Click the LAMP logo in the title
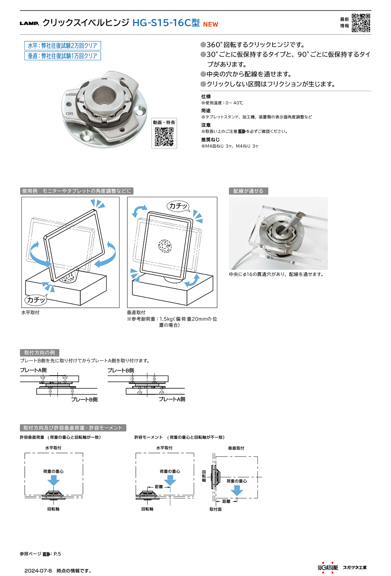coord(29,23)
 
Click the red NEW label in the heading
coord(211,24)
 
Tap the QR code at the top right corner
coord(361,23)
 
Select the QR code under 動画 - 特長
coord(164,137)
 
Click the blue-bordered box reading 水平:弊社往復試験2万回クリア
coord(63,46)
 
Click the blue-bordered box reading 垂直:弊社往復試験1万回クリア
coord(63,56)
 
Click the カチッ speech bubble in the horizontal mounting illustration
coord(36,299)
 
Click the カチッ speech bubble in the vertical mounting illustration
coord(178,206)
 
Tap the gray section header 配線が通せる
coord(248,191)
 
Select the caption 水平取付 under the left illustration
coord(30,312)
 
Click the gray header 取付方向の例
coord(40,352)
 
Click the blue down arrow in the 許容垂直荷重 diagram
coord(53,480)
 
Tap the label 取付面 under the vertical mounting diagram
coord(215,509)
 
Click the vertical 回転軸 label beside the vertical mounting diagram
coord(204,476)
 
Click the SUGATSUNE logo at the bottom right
coord(328,567)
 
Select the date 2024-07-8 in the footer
coord(38,570)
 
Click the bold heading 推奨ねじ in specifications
coord(211,140)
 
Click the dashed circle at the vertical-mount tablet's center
coord(165,246)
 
